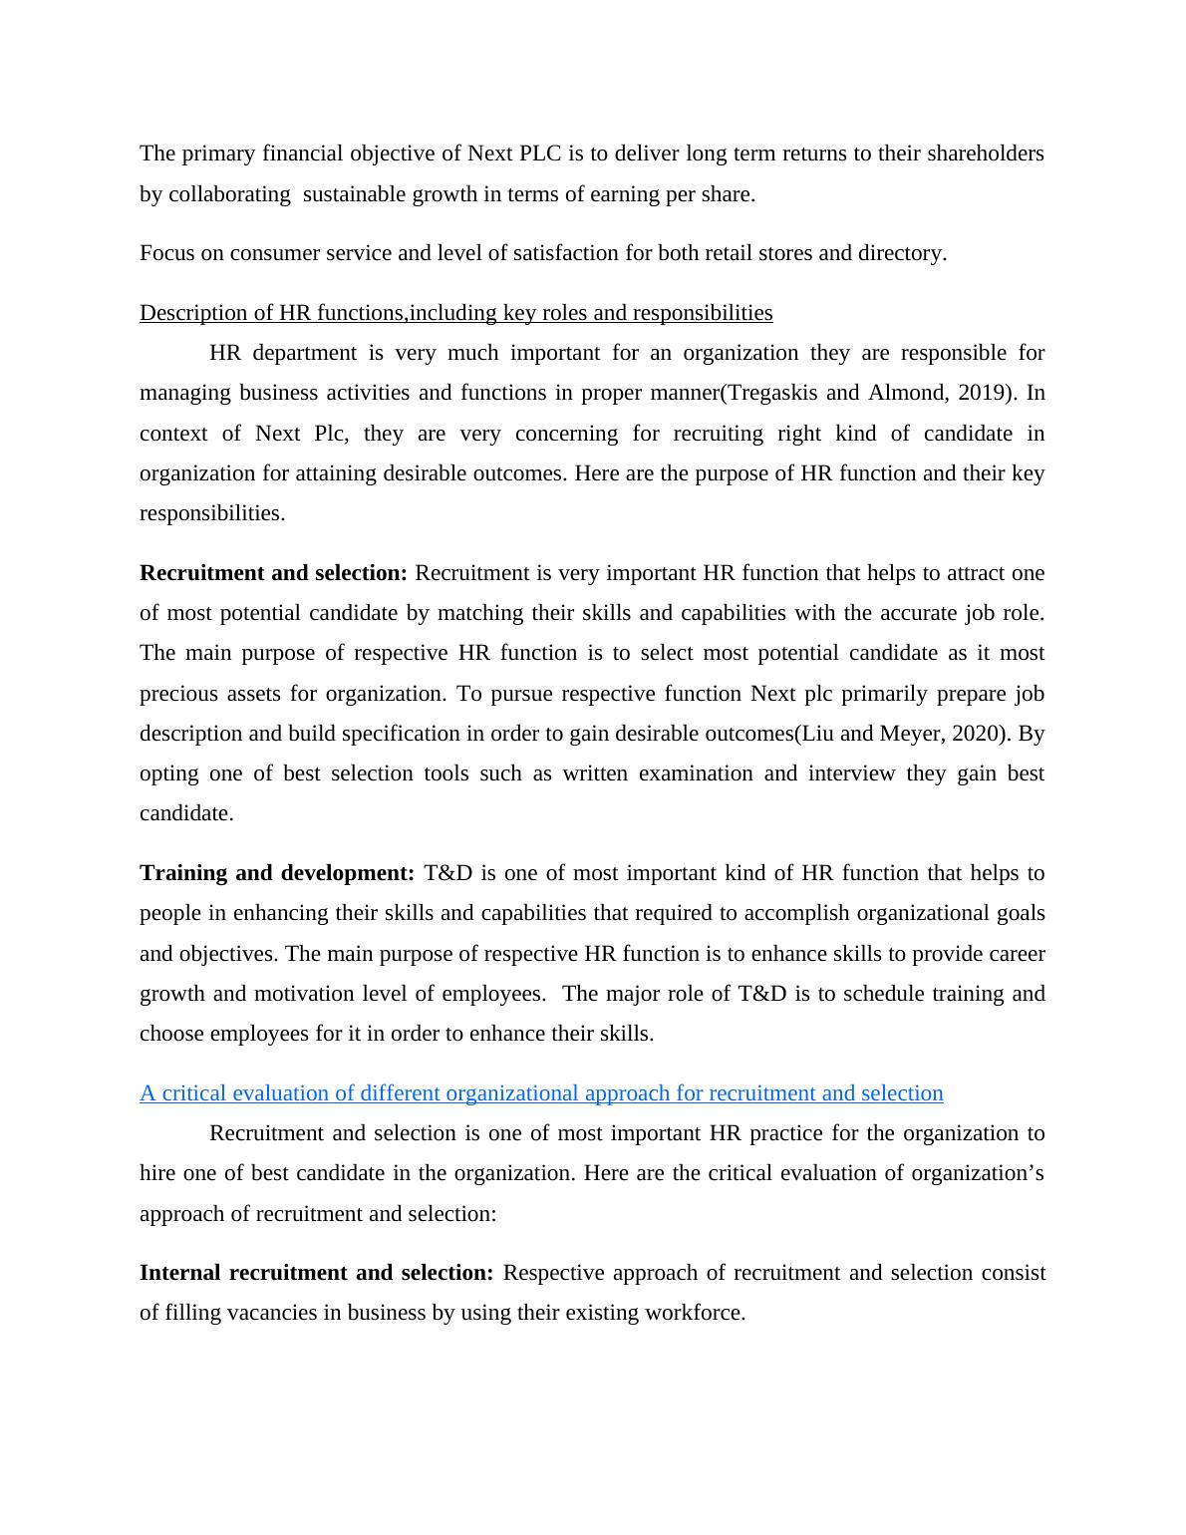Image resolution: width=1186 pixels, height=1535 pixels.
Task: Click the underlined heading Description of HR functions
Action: (x=455, y=313)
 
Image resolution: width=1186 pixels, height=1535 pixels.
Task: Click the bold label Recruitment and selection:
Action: (x=273, y=573)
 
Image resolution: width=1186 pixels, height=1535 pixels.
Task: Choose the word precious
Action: (x=176, y=694)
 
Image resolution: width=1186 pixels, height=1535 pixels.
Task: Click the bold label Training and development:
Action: (x=277, y=873)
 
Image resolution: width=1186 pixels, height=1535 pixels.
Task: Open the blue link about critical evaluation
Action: (x=541, y=1093)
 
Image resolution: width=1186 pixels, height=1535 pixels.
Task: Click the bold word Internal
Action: (x=180, y=1273)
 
